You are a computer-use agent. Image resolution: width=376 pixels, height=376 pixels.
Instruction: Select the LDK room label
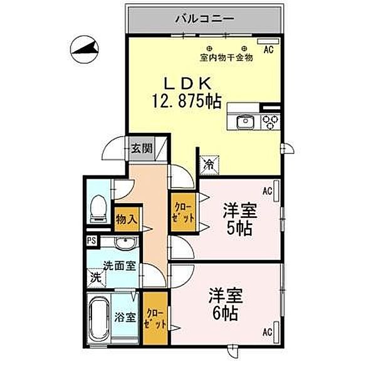point(182,83)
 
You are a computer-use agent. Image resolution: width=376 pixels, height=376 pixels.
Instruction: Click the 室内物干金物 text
point(226,58)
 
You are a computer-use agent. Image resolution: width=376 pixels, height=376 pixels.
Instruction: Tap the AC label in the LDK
point(268,48)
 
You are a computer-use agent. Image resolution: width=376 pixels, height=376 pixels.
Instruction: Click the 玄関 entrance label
point(142,149)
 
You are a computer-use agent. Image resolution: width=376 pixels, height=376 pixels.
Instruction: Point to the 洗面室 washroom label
point(119,265)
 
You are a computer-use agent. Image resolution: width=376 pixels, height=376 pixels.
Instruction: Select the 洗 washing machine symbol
point(95,276)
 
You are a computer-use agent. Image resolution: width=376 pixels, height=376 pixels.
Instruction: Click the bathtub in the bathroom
point(99,318)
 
